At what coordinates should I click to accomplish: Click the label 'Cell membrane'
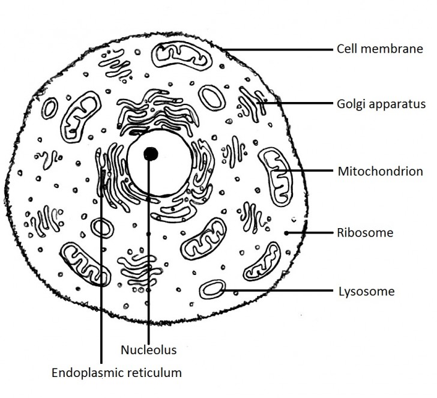(379, 49)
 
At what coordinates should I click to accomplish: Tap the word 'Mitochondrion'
(379, 171)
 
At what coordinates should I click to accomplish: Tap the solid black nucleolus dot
(151, 154)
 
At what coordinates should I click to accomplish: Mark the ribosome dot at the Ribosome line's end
(286, 232)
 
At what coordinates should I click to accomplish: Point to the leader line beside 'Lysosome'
(276, 291)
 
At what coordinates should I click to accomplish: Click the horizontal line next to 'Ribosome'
(309, 232)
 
